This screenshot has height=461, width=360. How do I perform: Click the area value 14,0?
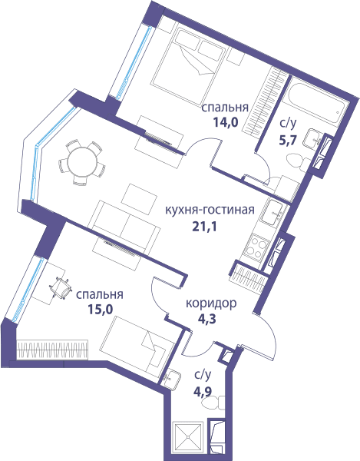tap(225, 122)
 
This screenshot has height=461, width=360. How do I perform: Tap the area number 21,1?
tap(204, 227)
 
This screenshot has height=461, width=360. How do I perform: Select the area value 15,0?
tap(101, 309)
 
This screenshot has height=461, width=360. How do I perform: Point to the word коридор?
tap(211, 303)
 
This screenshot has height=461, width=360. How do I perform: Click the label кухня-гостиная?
tap(210, 210)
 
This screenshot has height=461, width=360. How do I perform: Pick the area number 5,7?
tap(287, 141)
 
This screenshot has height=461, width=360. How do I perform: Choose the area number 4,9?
tap(203, 391)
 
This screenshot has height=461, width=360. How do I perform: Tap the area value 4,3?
tap(206, 319)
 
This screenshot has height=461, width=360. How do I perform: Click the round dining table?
tap(82, 161)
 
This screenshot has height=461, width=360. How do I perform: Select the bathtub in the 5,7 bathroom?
tap(317, 102)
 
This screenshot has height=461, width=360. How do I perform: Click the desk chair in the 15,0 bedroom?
tap(61, 287)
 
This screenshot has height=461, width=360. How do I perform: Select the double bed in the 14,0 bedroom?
tap(187, 66)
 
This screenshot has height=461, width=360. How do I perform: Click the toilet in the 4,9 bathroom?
tap(213, 403)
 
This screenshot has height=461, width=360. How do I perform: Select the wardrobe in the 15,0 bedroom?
tap(52, 350)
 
